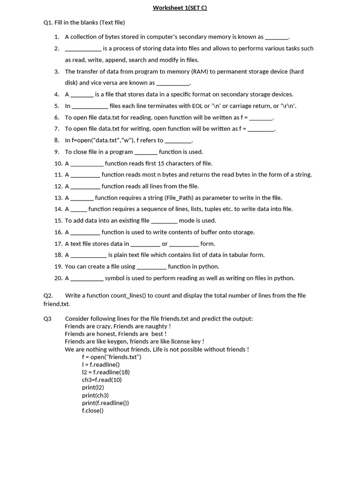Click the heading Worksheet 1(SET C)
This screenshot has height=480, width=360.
click(x=180, y=8)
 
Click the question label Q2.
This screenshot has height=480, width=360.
click(x=48, y=296)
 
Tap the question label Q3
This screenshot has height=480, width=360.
click(x=48, y=319)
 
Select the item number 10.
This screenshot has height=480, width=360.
click(x=58, y=164)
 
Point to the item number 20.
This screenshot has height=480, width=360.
click(x=58, y=278)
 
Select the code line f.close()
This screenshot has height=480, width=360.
click(x=92, y=411)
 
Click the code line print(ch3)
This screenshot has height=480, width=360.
click(x=95, y=395)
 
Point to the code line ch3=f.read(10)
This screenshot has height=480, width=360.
click(x=102, y=380)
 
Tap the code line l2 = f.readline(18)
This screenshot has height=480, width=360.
click(x=105, y=372)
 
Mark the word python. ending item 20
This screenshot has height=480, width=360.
click(x=284, y=278)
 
